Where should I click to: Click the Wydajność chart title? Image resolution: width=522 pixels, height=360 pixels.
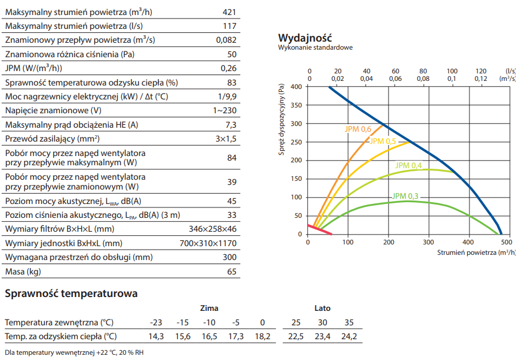tap(304, 38)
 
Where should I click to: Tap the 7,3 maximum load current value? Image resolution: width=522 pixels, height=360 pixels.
tap(231, 125)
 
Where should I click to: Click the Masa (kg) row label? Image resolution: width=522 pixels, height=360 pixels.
tap(23, 272)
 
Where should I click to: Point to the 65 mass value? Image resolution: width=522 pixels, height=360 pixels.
tap(232, 272)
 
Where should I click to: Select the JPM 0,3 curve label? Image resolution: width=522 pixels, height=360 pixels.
tap(405, 196)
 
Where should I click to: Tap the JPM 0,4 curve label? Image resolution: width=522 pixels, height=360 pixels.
tap(408, 166)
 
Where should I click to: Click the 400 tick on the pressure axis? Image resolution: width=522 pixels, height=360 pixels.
tap(296, 87)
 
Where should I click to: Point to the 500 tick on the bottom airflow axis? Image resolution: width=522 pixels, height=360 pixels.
tap(507, 242)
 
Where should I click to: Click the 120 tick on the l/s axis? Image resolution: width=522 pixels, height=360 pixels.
tap(480, 70)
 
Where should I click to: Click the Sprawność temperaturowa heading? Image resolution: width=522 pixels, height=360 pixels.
tap(71, 294)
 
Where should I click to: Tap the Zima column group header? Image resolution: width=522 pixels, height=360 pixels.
tap(209, 308)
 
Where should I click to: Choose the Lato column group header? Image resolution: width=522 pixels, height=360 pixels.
tap(322, 308)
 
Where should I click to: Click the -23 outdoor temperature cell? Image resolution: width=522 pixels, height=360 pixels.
tap(156, 322)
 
